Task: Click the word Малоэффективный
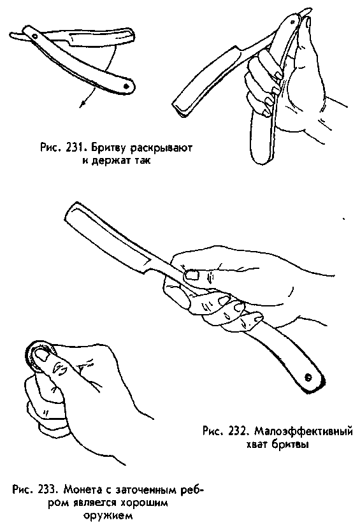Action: [303, 431]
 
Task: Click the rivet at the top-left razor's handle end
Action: [126, 87]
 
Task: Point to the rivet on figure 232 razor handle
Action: [308, 377]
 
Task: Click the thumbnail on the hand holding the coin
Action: [40, 354]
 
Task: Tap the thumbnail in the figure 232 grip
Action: [192, 275]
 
